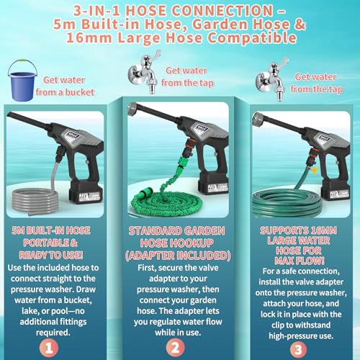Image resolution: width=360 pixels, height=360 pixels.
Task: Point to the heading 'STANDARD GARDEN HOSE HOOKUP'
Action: pyautogui.click(x=179, y=238)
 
